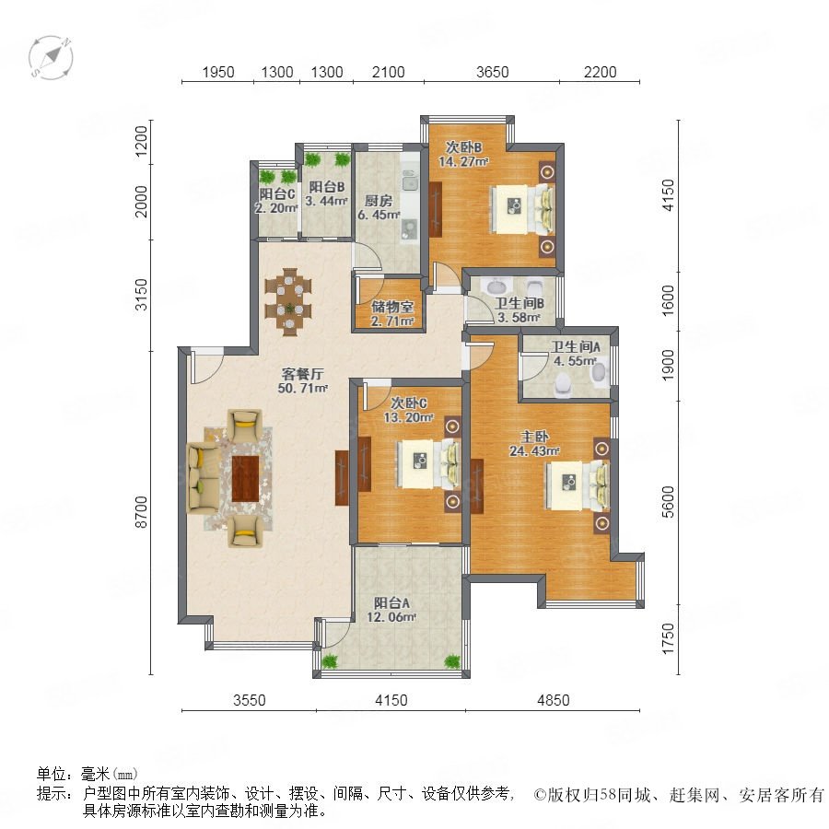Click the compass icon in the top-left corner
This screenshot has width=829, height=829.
[51, 57]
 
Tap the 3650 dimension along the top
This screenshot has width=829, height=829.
[492, 72]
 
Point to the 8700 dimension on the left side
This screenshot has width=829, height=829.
[141, 512]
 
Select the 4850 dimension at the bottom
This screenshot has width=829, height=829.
[553, 700]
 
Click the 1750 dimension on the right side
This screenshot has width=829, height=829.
[669, 638]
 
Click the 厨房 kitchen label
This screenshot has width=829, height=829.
[379, 201]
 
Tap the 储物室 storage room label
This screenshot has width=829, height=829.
[392, 307]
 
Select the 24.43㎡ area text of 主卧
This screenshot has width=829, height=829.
[534, 451]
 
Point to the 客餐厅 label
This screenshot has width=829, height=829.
[302, 374]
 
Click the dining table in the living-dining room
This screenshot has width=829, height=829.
[288, 302]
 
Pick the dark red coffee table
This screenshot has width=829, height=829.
[245, 478]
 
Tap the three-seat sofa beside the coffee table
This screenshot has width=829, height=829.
[203, 477]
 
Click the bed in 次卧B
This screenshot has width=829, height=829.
[523, 209]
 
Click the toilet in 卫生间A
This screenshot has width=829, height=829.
[562, 384]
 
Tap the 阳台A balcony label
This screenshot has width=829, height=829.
[391, 602]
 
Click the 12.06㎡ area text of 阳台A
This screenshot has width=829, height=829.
[391, 617]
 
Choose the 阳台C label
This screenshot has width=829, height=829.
[277, 194]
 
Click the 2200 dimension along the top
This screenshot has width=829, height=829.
[600, 72]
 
